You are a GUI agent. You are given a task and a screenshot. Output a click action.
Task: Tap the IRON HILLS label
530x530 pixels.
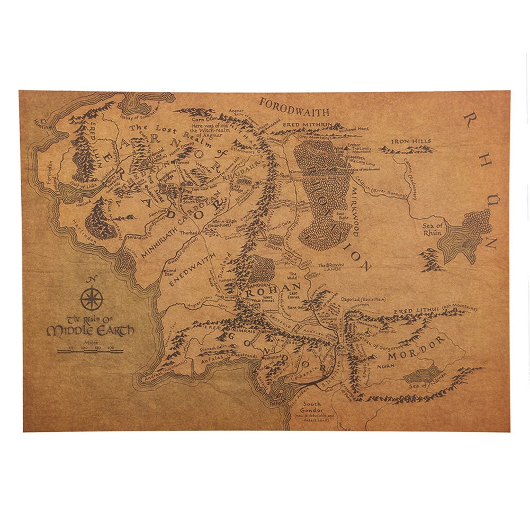pos(411,141)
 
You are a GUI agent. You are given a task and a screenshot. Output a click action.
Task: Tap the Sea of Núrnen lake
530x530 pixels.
pos(421,375)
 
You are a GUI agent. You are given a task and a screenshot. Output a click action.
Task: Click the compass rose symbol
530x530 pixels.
pos(92,299)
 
